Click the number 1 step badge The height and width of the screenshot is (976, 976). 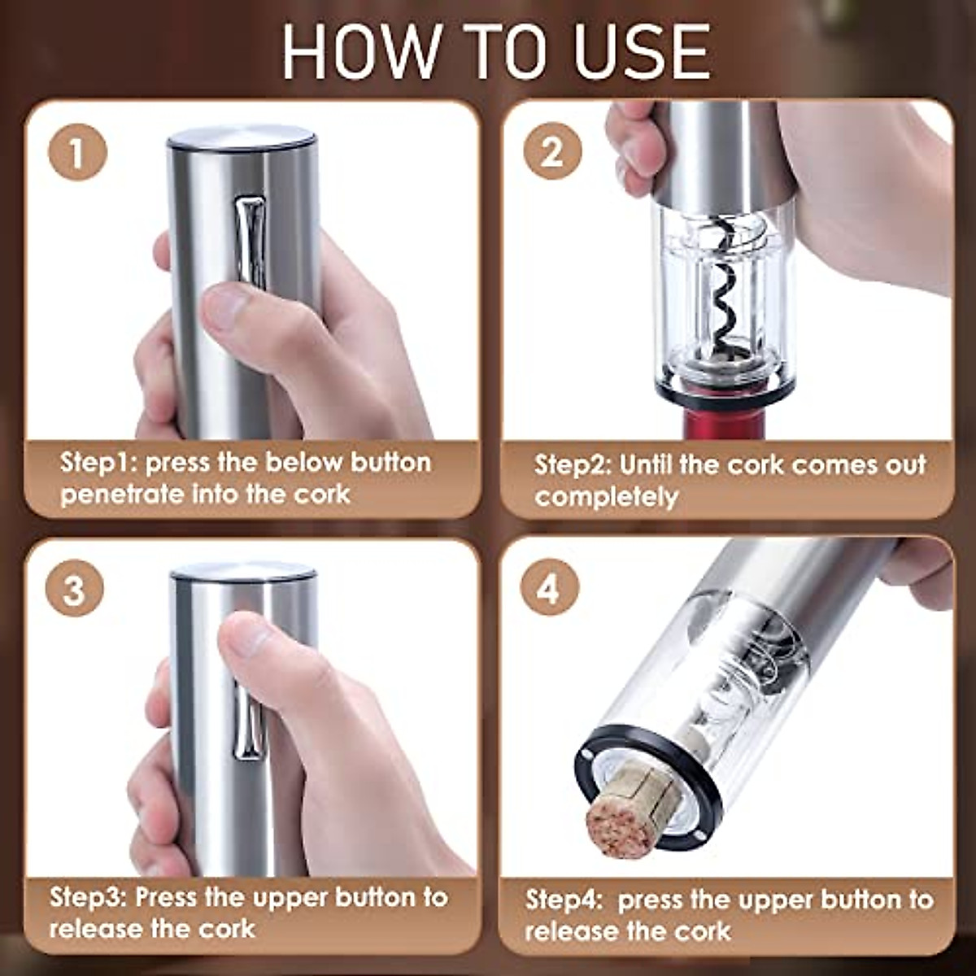(x=76, y=154)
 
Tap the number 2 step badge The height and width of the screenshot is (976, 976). (x=552, y=152)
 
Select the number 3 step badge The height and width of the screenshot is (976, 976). (x=74, y=589)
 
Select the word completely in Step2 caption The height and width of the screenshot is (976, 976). (x=606, y=497)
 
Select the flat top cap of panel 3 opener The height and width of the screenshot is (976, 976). (x=242, y=572)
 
